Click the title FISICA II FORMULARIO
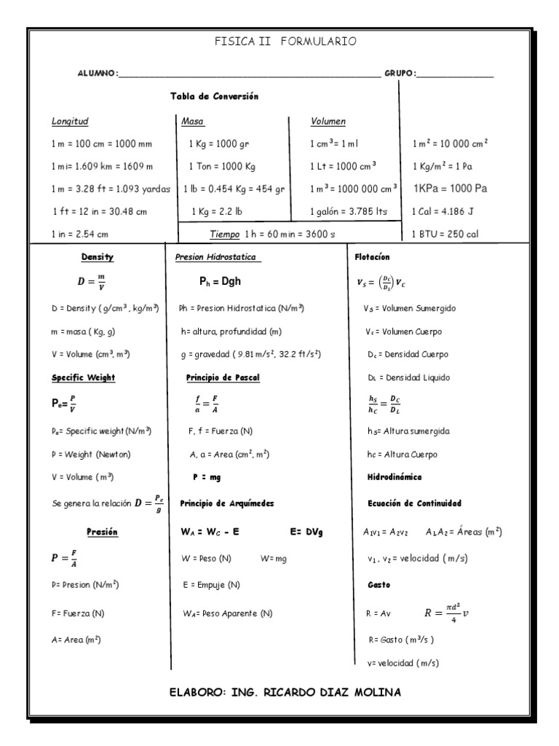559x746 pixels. [285, 42]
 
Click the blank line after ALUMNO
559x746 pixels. [248, 75]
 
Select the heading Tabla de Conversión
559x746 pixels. [215, 96]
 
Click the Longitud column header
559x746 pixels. [71, 122]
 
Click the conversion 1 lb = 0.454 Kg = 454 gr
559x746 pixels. [234, 188]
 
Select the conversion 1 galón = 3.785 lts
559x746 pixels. [349, 211]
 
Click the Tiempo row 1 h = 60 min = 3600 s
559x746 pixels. [273, 234]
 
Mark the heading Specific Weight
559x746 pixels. [83, 377]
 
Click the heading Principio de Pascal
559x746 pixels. [223, 377]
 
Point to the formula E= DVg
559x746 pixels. [306, 533]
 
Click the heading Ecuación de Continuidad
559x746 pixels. [414, 503]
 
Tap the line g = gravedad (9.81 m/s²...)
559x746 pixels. [250, 353]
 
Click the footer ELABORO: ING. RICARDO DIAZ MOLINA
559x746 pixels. [284, 691]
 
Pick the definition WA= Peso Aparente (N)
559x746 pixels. [228, 613]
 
